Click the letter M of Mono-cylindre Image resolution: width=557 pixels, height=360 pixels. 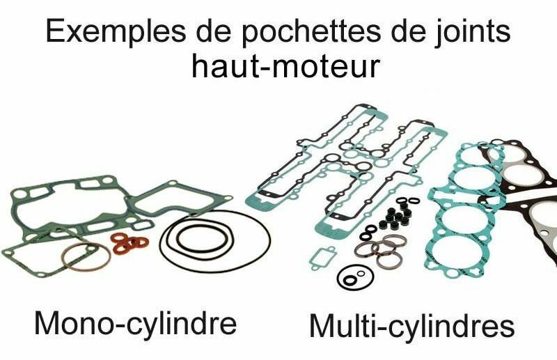(48, 324)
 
